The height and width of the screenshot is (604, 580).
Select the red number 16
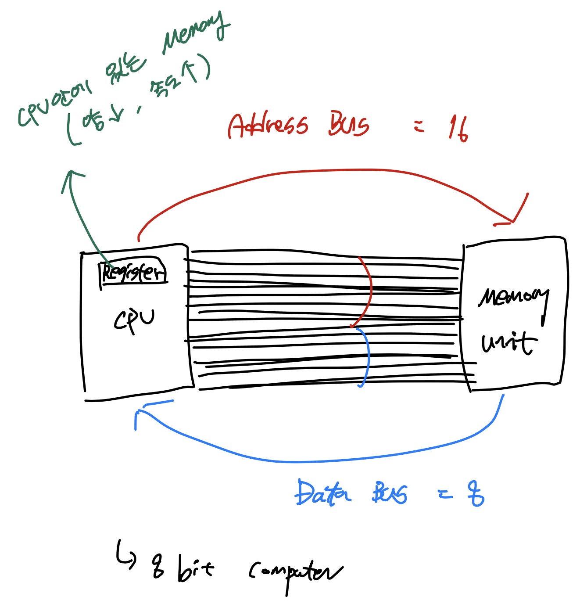point(458,129)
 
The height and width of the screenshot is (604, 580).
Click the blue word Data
point(322,493)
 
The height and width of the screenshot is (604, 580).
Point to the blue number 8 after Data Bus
point(476,494)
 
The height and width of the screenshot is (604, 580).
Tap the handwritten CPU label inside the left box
point(134,320)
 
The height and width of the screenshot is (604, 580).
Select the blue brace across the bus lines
point(365,356)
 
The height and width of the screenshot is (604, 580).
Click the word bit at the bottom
point(195,569)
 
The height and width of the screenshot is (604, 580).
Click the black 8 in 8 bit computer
point(158,566)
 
